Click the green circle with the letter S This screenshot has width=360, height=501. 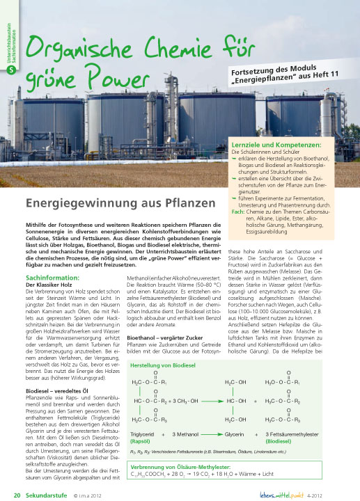10,69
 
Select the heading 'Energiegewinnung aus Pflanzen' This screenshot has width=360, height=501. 118,204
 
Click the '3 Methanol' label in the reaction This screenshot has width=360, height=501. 184,435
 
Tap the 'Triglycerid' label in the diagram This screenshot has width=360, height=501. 141,435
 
